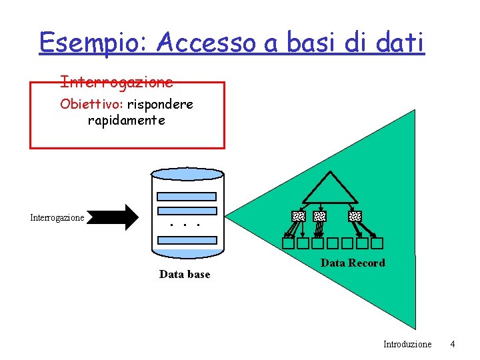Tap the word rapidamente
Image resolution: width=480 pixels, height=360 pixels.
pos(126,121)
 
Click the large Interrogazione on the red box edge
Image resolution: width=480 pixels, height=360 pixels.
pos(117,82)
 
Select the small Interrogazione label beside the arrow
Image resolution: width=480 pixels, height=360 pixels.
pos(57,217)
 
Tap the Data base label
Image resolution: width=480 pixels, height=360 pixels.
pos(185,274)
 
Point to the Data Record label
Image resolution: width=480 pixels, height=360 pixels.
pos(353,263)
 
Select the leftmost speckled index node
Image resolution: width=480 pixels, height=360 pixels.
pos(299,216)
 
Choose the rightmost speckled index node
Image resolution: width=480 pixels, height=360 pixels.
pos(355,216)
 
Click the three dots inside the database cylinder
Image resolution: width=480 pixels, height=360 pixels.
pos(185,225)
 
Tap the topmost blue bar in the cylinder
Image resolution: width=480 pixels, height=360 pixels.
pos(187,197)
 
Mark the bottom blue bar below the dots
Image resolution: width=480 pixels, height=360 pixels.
pos(187,240)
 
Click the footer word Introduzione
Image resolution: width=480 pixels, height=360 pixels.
pos(407,344)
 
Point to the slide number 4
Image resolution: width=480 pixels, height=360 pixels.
pos(453,344)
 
